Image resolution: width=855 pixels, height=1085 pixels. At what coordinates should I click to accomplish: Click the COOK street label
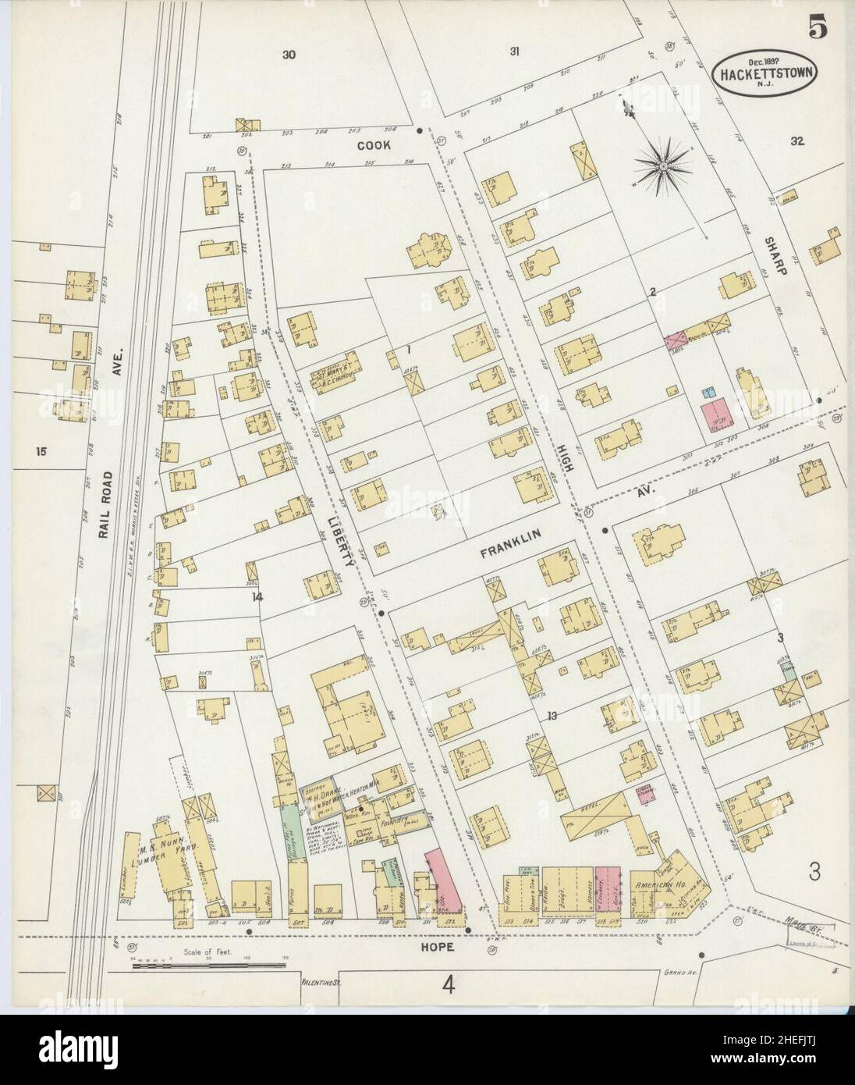click(374, 146)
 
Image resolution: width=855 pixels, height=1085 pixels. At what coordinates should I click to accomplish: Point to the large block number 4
click(448, 985)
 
